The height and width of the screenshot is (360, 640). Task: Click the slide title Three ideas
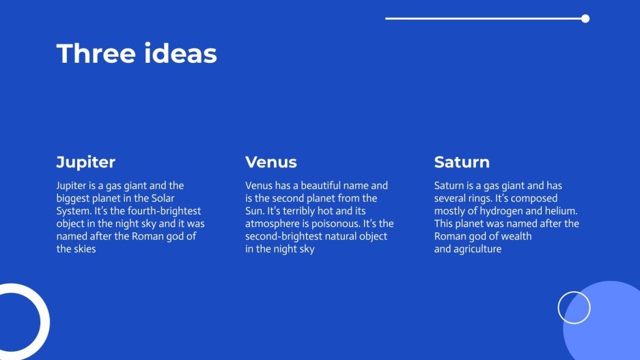(x=137, y=54)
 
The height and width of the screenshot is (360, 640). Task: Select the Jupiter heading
(x=85, y=163)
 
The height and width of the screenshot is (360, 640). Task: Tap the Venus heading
(x=271, y=163)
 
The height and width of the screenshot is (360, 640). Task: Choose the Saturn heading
(x=462, y=163)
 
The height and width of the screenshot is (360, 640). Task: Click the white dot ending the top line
(x=585, y=18)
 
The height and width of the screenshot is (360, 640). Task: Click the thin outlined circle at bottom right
(x=574, y=307)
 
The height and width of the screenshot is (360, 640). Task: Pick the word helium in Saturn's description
(x=562, y=211)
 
